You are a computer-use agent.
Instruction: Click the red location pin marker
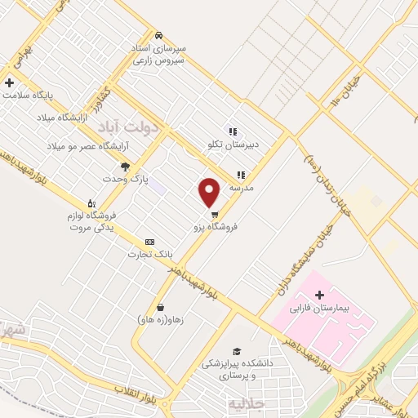[210, 192]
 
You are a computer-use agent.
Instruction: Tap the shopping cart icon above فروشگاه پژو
[214, 215]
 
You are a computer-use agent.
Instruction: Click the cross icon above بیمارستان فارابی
[319, 295]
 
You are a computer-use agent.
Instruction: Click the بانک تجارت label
[146, 255]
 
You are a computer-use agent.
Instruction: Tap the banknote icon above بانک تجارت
[149, 242]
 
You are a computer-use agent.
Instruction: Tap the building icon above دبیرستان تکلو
[232, 131]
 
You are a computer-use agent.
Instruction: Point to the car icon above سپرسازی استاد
[159, 35]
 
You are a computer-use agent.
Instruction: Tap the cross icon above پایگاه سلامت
[9, 82]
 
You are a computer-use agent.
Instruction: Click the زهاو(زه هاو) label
[160, 321]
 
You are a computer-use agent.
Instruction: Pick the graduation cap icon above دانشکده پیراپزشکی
[237, 350]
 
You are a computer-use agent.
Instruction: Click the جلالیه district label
[248, 404]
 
